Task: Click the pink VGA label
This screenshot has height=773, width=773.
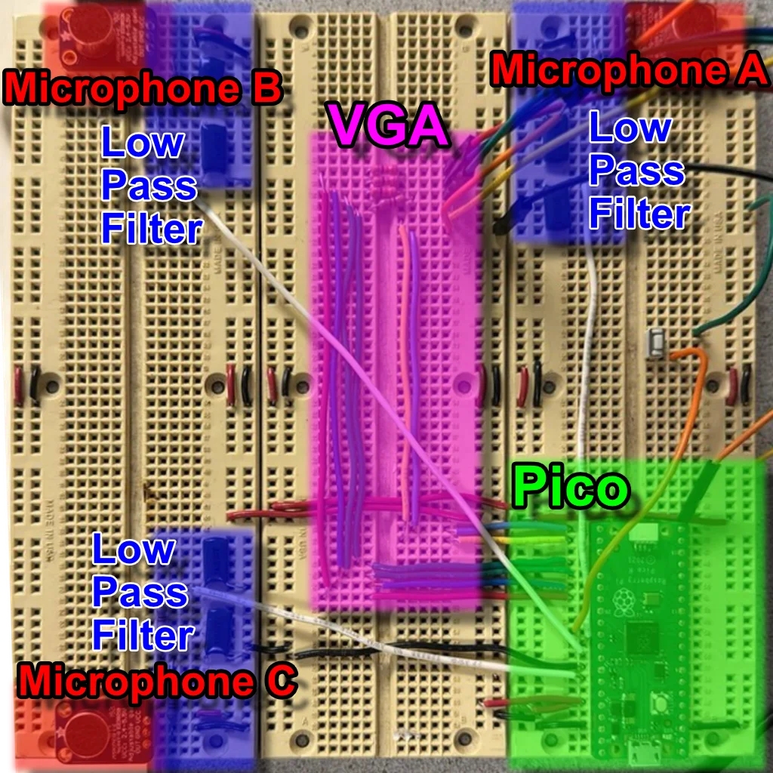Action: pos(389,125)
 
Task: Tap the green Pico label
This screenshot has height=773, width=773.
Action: pos(571,485)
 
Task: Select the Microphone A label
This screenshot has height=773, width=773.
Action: pos(630,70)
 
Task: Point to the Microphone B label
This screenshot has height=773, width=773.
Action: pos(143,88)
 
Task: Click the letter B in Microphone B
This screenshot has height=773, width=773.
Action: pos(268,88)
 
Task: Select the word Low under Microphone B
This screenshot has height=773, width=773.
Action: pos(143,142)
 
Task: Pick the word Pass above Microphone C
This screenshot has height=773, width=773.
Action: pos(140,592)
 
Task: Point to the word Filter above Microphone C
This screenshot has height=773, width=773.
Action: pos(143,636)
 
